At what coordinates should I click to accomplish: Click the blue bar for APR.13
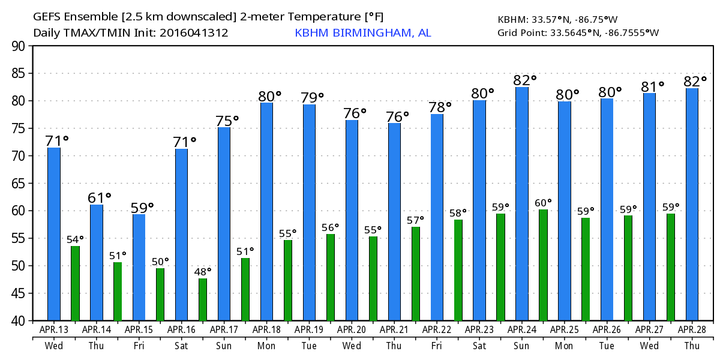pos(54,234)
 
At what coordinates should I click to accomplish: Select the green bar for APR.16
pos(203,299)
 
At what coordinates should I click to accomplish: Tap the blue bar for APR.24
pos(522,204)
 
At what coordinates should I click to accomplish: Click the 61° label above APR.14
pos(100,197)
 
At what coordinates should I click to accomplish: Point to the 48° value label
pos(203,271)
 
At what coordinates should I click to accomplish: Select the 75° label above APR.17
pos(227,120)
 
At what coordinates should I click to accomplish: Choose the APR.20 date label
pos(352,329)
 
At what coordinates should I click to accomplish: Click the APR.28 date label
pos(692,329)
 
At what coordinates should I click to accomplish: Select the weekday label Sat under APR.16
pos(181,346)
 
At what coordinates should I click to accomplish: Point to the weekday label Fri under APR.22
pos(436,346)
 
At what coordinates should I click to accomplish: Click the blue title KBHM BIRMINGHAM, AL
pos(362,32)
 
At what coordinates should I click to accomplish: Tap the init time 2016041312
pos(194,32)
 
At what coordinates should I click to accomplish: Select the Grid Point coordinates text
pos(578,32)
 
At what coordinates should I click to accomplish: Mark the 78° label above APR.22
pos(440,107)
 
